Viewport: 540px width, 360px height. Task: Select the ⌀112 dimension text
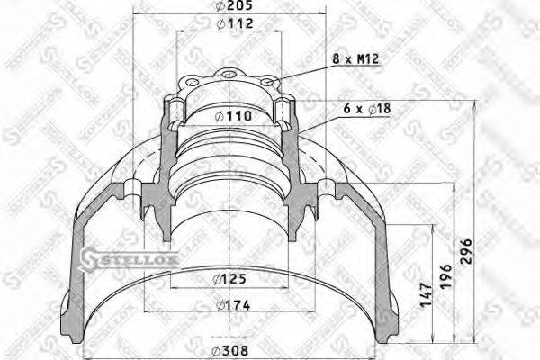[x=233, y=25]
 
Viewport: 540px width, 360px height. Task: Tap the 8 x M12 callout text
[x=355, y=59]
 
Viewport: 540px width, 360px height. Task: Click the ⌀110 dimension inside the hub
[x=232, y=115]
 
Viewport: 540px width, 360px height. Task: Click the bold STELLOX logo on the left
[x=130, y=259]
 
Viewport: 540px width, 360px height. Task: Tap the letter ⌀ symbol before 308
[x=216, y=352]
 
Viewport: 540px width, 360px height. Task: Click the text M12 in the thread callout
[x=364, y=59]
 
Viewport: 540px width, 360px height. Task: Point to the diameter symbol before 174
[x=220, y=306]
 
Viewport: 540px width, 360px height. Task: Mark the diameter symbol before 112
[x=221, y=25]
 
